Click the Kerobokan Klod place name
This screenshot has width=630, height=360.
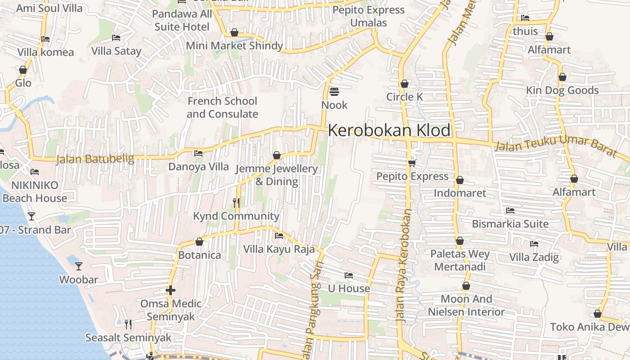[389, 130]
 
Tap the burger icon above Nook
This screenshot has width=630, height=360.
[334, 92]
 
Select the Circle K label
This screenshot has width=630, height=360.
[405, 97]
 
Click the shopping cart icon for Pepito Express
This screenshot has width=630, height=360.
[412, 163]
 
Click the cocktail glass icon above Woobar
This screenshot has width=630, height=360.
[79, 266]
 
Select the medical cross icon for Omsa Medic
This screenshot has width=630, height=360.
[170, 290]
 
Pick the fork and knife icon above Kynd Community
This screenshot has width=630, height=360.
[236, 203]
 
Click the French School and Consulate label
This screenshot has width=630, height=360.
[222, 108]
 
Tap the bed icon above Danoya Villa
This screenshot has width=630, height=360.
[198, 153]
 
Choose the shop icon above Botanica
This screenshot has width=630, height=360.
[199, 242]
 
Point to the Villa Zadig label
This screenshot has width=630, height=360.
[534, 257]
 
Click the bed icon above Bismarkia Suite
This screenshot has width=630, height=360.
[510, 210]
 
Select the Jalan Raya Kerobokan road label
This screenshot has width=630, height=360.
[403, 265]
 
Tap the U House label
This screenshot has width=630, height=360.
[349, 288]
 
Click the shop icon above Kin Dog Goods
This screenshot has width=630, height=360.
[562, 77]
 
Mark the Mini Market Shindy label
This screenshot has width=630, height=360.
[234, 46]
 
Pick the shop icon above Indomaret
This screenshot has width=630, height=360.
[459, 180]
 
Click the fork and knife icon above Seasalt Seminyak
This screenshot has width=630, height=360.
[128, 324]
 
